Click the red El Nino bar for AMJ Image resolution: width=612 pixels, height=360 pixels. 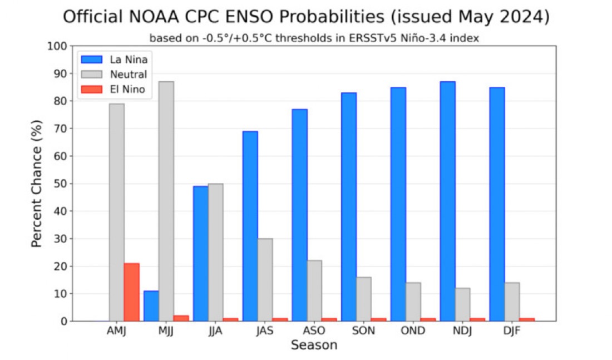131,292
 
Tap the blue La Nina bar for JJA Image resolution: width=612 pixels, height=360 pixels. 200,254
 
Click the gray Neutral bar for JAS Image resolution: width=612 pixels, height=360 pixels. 265,280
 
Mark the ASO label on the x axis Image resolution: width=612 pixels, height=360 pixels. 314,331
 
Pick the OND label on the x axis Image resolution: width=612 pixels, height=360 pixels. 413,331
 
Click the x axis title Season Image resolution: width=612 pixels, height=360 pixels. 314,346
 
